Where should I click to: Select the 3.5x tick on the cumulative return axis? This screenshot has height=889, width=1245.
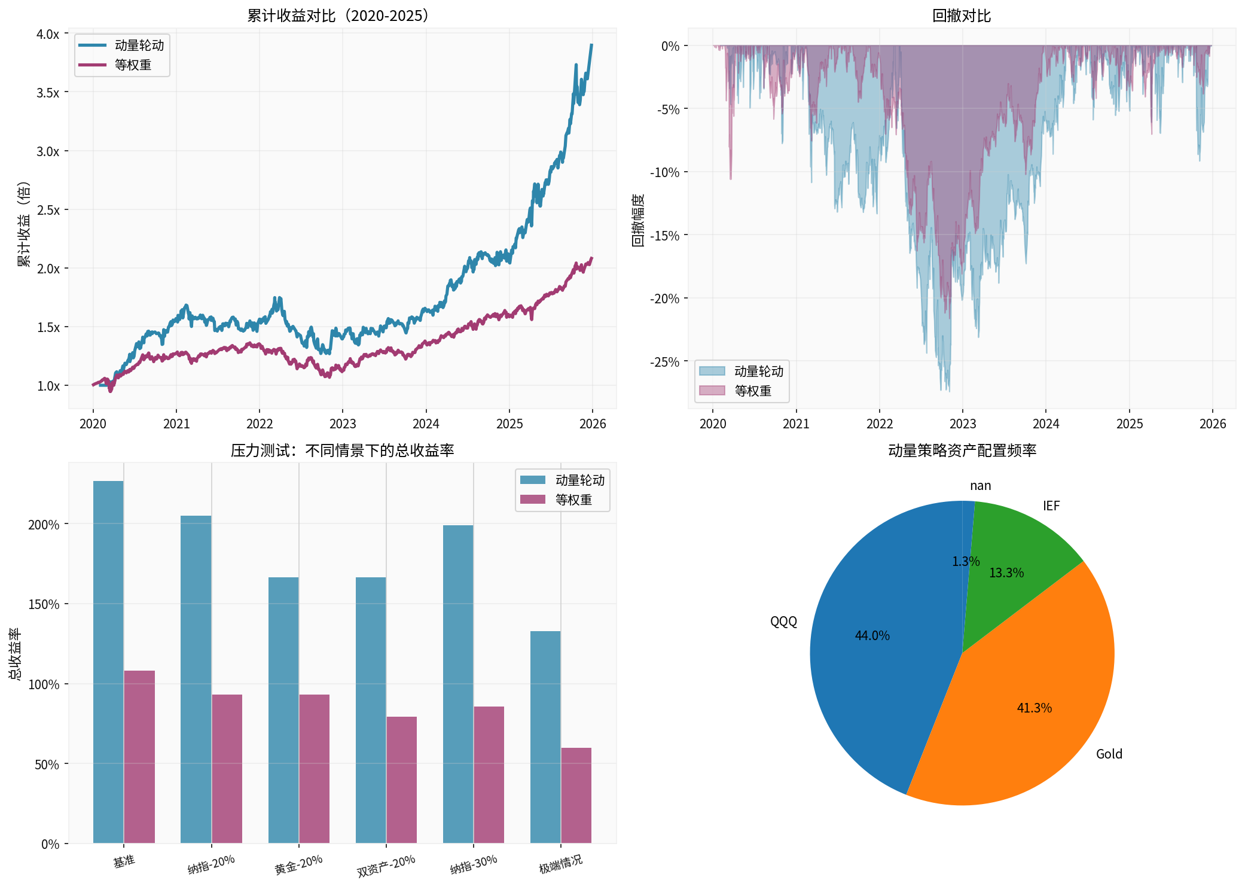click(x=48, y=93)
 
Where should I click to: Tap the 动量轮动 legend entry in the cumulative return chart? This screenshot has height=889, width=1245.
click(x=139, y=45)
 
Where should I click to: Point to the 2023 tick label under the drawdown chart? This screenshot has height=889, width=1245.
click(x=962, y=424)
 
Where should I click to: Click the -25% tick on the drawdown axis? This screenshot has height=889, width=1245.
click(x=665, y=363)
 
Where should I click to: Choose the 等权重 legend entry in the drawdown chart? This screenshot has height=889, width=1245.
click(x=752, y=391)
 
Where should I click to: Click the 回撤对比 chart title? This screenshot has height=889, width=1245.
click(x=962, y=16)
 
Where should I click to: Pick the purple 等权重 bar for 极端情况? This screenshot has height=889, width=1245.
click(x=576, y=795)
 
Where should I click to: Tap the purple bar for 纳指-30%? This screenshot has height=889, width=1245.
click(x=489, y=774)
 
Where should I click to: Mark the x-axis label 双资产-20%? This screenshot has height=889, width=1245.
click(x=386, y=866)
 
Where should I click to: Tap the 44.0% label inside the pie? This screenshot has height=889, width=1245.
click(x=872, y=636)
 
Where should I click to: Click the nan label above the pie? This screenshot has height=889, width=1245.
click(x=980, y=486)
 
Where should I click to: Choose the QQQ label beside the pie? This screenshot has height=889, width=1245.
click(x=783, y=622)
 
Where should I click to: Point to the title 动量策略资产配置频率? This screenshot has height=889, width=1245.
click(x=962, y=450)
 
